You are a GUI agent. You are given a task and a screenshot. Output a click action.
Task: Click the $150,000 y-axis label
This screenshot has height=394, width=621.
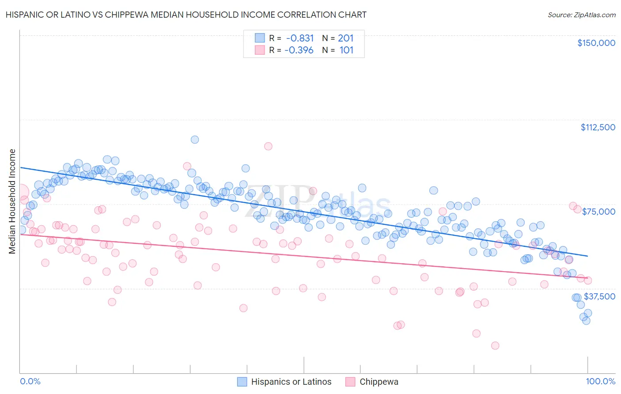tap(596, 43)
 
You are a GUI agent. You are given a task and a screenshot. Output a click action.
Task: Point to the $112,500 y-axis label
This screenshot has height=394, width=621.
tap(598, 127)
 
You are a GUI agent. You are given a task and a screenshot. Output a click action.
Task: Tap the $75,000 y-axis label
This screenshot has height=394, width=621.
tap(598, 212)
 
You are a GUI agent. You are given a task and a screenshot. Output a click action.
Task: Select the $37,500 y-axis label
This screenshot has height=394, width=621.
tap(599, 296)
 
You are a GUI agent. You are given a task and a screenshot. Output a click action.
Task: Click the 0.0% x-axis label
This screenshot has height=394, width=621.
tap(30, 381)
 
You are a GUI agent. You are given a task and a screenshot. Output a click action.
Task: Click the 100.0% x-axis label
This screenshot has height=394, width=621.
tap(600, 381)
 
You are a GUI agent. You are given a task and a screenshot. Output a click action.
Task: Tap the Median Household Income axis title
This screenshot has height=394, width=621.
tap(12, 201)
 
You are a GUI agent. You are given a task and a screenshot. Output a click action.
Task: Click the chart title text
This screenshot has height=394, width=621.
tap(186, 15)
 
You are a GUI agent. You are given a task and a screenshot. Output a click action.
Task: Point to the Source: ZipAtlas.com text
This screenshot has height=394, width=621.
tap(581, 15)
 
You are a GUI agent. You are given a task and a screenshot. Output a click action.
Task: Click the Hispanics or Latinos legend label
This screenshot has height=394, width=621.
tap(291, 382)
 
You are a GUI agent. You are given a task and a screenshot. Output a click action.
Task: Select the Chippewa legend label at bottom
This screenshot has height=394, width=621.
tap(379, 382)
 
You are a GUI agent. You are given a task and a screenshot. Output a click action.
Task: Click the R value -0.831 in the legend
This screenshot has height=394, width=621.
tap(300, 38)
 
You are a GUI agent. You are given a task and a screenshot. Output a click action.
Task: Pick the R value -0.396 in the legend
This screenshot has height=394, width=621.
tap(299, 50)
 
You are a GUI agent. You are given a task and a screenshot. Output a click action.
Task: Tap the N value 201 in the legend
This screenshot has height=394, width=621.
tap(346, 38)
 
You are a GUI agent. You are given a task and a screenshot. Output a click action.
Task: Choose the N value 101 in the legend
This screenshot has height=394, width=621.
tap(346, 50)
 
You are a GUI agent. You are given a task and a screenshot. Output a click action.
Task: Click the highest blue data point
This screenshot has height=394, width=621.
tap(194, 140)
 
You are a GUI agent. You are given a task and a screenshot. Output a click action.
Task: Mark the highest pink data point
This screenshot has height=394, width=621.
tap(268, 146)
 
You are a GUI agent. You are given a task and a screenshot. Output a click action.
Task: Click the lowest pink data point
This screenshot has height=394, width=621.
tap(495, 345)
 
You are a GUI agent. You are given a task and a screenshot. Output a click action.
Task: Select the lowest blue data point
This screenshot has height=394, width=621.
tap(586, 321)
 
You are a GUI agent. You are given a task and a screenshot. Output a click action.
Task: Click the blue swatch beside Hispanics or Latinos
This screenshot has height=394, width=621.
tap(242, 382)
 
